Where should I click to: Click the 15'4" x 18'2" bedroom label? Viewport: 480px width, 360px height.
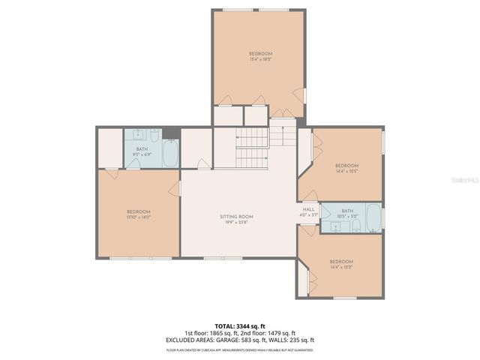[x=260, y=56]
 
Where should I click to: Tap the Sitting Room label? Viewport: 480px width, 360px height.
[x=236, y=219]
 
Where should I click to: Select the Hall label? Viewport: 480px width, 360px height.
[x=308, y=211]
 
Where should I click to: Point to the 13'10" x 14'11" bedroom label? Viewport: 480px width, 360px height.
[x=139, y=214]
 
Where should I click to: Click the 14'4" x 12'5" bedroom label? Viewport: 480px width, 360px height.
[x=346, y=168]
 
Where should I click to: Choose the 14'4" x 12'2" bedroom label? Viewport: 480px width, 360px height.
[x=341, y=264]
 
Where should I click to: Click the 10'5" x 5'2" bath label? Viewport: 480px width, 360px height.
[x=346, y=214]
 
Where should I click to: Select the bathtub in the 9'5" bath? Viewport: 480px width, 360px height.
[x=170, y=154]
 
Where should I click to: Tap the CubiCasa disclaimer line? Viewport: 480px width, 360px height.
[x=240, y=349]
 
